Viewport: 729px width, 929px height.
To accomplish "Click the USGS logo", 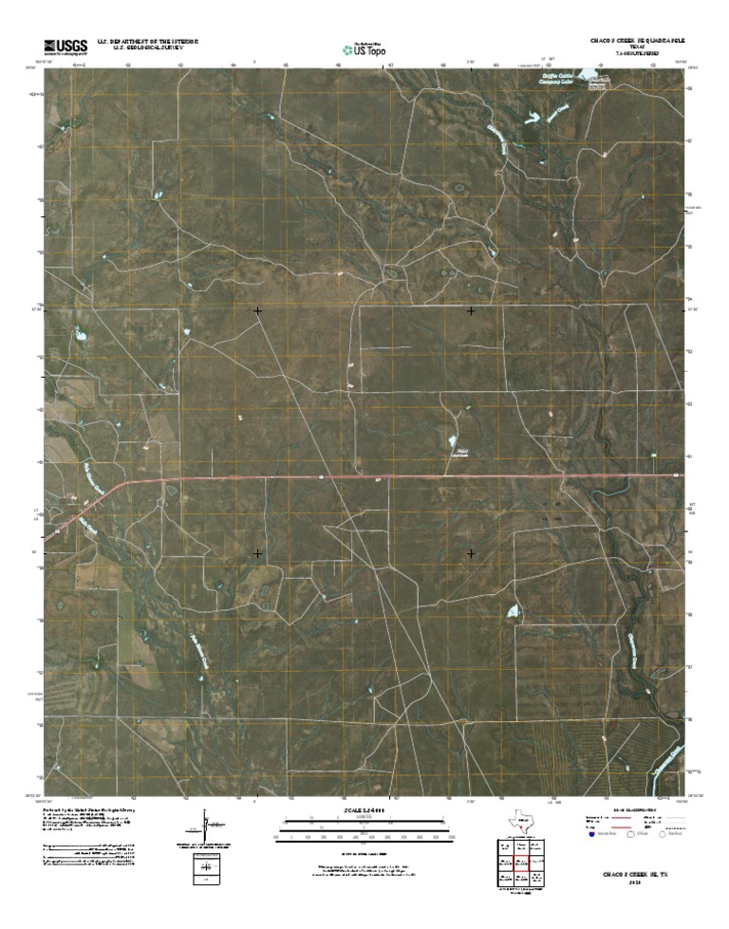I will tap(64, 46).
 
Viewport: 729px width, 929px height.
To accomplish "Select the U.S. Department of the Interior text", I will tap(141, 43).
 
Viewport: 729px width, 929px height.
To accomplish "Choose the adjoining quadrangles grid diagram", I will tap(519, 864).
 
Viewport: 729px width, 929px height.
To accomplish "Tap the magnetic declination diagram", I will tap(206, 824).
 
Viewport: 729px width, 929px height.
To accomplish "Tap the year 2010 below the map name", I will tap(635, 883).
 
